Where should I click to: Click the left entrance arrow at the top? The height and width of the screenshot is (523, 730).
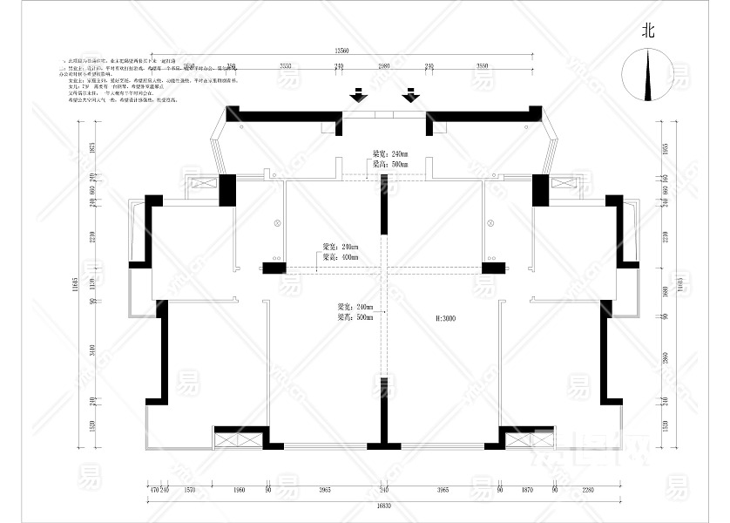[357, 94]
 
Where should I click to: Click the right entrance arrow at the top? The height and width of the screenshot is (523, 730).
[410, 94]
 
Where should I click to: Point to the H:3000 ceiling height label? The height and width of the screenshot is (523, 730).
[446, 319]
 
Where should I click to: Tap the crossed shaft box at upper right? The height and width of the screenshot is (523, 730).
[564, 183]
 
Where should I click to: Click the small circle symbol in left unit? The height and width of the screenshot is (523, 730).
[278, 222]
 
